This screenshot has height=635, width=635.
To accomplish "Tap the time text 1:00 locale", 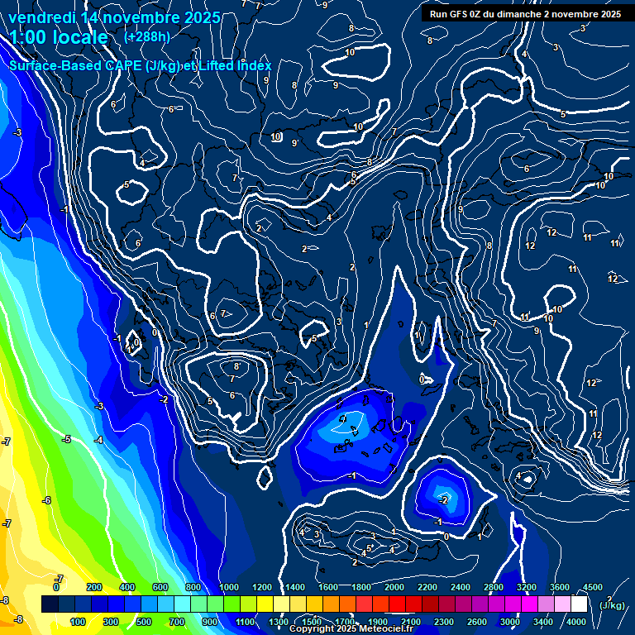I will [59, 37].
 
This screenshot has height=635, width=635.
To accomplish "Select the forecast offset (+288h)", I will [147, 37].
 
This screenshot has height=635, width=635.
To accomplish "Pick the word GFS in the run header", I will [463, 14].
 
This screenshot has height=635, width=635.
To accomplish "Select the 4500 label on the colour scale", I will [592, 587].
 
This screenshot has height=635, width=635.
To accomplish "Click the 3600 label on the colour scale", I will [560, 587].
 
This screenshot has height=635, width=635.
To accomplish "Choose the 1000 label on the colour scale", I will [229, 587].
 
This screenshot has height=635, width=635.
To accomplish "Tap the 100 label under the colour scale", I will [78, 622].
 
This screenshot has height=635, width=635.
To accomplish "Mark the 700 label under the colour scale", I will [177, 622].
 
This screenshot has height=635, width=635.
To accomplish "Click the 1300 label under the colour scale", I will [279, 622].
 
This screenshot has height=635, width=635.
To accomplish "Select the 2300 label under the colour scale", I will [444, 622].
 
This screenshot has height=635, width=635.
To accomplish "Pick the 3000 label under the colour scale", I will [510, 622].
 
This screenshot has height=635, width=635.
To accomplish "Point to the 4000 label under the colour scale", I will [576, 622].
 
